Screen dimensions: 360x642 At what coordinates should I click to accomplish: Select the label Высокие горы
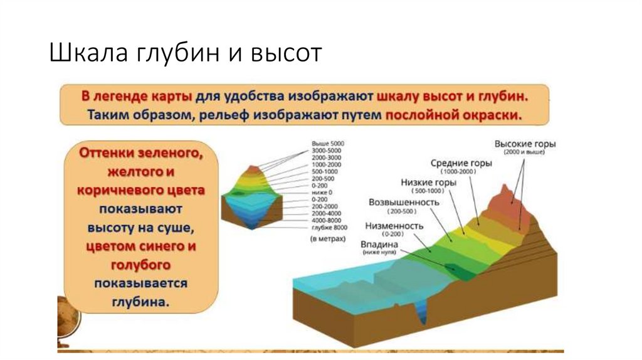pyautogui.click(x=525, y=144)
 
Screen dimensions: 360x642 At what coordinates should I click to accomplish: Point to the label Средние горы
pyautogui.click(x=461, y=163)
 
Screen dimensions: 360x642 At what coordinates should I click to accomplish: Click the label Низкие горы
pyautogui.click(x=428, y=183)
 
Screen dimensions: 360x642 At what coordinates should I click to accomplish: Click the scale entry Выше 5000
pyautogui.click(x=327, y=144)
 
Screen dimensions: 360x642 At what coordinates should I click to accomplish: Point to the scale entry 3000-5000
pyautogui.click(x=327, y=151)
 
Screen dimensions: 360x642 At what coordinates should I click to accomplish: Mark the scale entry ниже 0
pyautogui.click(x=322, y=193)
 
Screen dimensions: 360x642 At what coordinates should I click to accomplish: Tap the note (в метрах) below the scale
pyautogui.click(x=327, y=239)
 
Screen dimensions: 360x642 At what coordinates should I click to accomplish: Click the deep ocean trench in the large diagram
pyautogui.click(x=419, y=313)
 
